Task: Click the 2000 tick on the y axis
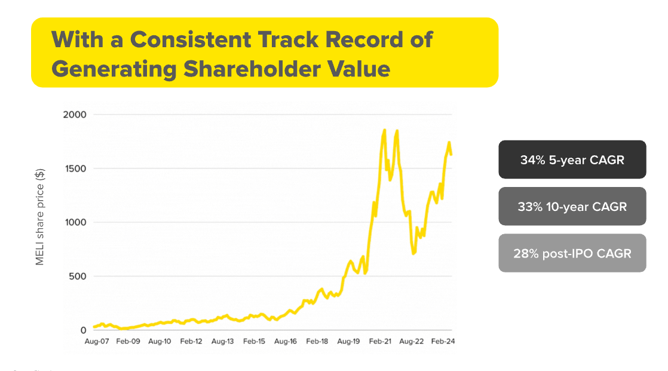75,114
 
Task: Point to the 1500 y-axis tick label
75,168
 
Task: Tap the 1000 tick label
75,222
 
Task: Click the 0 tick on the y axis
84,330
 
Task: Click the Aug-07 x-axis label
96,342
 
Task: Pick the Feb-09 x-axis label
128,342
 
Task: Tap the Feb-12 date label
191,342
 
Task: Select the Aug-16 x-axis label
285,342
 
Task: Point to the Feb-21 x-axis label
380,342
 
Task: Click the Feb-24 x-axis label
443,342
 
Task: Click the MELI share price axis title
40,216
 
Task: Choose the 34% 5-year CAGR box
572,160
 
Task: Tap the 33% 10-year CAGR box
572,207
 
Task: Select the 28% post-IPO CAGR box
572,253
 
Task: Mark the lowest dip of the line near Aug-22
413,254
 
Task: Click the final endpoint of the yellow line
451,154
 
